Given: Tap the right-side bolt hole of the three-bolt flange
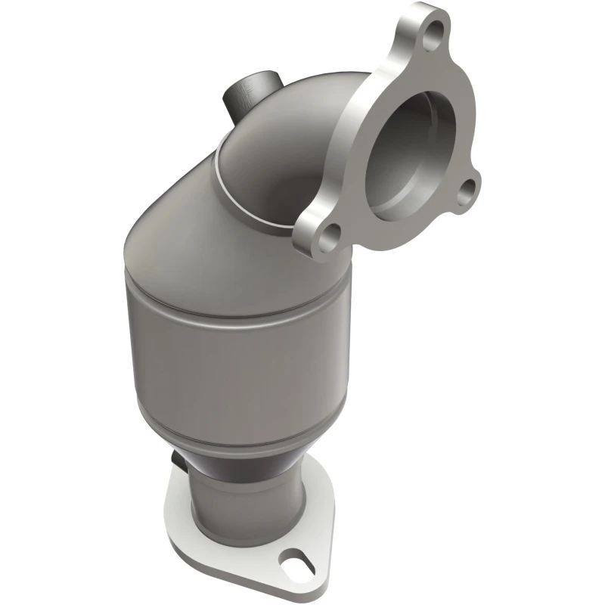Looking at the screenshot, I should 471,185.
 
